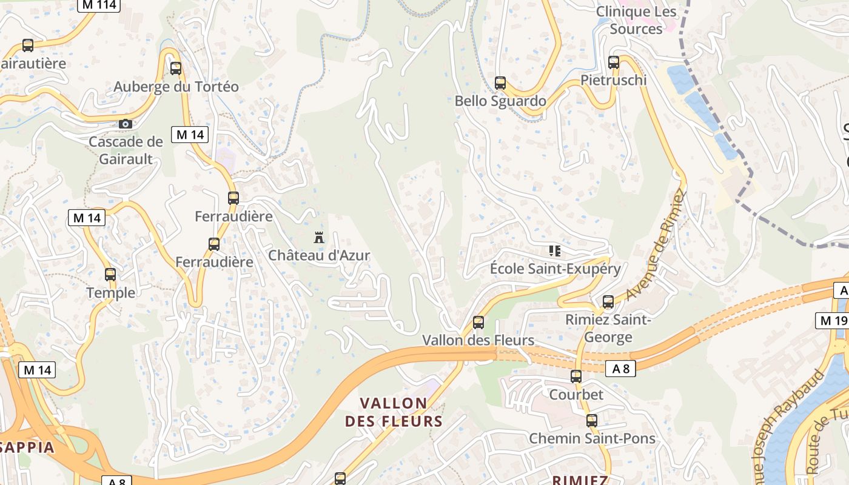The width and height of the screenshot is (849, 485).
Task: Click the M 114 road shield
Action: point(99,5)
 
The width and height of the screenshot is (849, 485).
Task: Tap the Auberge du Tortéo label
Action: point(176,87)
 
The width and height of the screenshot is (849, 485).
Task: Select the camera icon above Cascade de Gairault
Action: point(125,124)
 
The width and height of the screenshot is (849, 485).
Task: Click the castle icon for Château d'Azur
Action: point(319,237)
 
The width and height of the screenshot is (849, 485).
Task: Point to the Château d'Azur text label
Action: point(319,255)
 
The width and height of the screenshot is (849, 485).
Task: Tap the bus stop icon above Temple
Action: point(110,275)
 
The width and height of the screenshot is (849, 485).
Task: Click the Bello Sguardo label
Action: point(500,101)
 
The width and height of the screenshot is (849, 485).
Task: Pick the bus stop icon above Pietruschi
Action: point(614,62)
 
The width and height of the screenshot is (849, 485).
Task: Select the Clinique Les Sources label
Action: point(636,20)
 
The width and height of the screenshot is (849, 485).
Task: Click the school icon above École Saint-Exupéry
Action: point(554,250)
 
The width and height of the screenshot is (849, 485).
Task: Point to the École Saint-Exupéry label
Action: point(555,269)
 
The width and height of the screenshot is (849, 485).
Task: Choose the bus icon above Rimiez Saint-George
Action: point(608,301)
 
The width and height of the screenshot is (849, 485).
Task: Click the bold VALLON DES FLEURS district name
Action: point(394,412)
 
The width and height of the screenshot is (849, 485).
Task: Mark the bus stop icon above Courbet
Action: point(576,376)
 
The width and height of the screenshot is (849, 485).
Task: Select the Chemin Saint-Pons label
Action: point(592,438)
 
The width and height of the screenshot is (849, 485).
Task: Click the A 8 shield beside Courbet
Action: point(620,367)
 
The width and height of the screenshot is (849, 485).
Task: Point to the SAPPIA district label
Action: point(27,448)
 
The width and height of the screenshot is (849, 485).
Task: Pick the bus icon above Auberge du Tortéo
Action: point(176,69)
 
